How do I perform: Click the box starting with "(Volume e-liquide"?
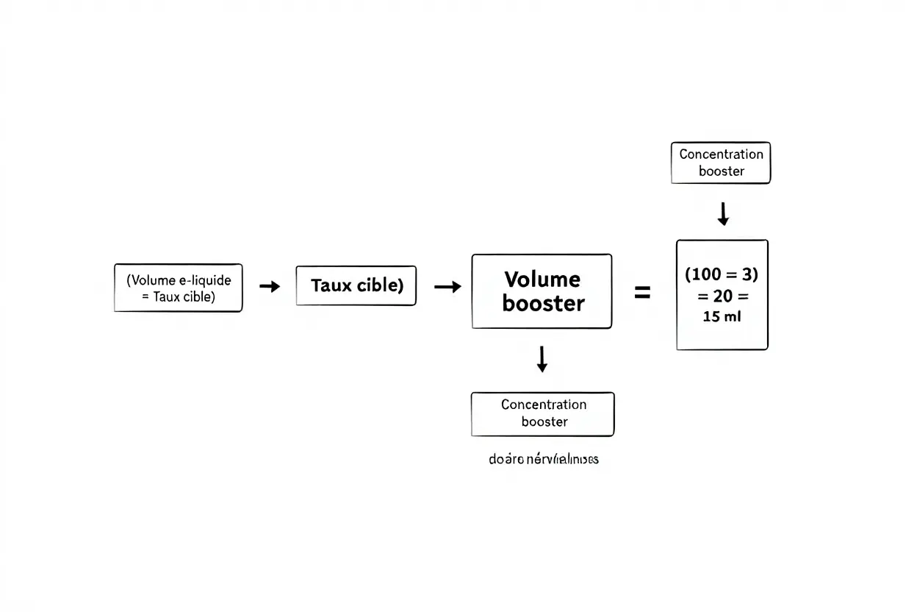(x=178, y=288)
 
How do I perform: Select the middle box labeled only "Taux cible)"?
(x=356, y=286)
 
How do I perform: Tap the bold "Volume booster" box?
(x=542, y=291)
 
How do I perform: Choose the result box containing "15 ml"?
(x=722, y=294)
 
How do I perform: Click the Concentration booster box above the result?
(x=721, y=163)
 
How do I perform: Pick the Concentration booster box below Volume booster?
(x=542, y=413)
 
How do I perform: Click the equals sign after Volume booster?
(x=642, y=293)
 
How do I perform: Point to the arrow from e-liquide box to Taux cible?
(x=270, y=287)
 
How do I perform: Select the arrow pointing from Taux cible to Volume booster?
(x=447, y=287)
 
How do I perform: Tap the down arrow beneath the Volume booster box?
(x=542, y=359)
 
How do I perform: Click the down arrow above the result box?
(x=723, y=213)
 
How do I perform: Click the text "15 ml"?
(x=722, y=318)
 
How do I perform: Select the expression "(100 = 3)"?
(x=721, y=274)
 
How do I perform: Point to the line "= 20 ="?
(x=722, y=296)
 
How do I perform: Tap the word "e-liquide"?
(x=205, y=280)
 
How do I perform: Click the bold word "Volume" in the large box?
(x=542, y=280)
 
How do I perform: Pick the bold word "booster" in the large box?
(x=543, y=304)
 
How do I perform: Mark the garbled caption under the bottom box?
(x=543, y=460)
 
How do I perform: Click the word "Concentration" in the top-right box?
(x=721, y=154)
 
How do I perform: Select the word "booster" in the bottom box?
(x=544, y=421)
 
